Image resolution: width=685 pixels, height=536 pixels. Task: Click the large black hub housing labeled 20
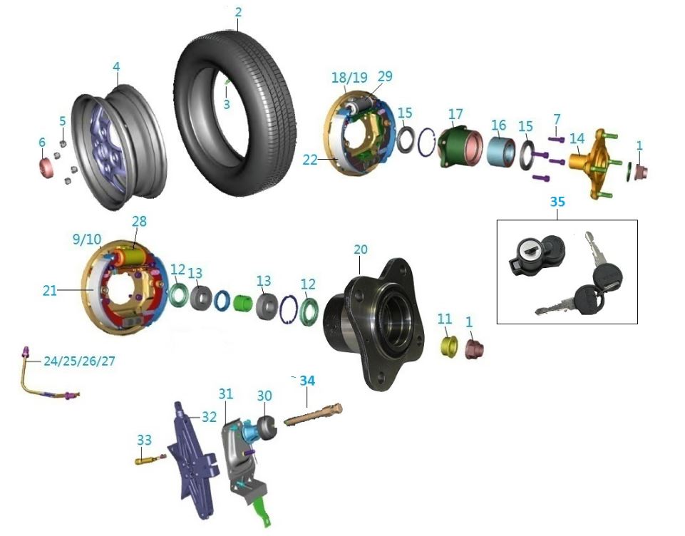371,321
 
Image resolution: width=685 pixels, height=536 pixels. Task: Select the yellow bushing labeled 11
447,346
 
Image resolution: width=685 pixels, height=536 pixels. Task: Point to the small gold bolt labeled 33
145,460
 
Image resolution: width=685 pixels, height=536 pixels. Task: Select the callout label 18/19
349,76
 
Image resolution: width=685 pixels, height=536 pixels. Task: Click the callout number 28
138,222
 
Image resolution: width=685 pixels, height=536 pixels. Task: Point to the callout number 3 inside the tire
227,104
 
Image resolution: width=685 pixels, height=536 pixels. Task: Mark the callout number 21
50,290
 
